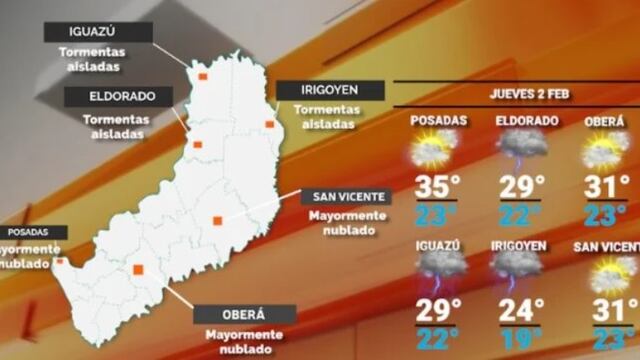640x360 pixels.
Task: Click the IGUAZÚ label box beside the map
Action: (99, 32)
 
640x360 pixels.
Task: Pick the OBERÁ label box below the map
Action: (245, 314)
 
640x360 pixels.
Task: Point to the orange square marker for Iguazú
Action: (202, 75)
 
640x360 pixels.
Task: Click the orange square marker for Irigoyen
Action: (269, 124)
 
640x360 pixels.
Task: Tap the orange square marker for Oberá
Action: (138, 268)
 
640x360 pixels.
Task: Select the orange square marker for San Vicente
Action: (217, 220)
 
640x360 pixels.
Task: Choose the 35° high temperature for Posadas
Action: (438, 186)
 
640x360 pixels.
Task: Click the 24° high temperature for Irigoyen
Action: (519, 309)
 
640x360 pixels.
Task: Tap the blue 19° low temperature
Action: (519, 340)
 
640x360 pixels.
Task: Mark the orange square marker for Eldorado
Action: (197, 145)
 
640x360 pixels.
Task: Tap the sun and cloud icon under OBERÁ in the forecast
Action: (606, 150)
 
